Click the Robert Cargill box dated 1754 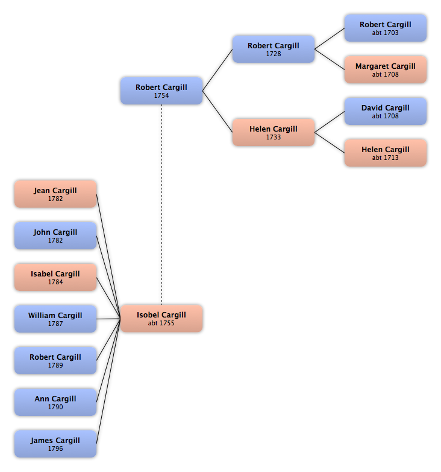tap(161, 91)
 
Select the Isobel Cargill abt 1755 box tap(161, 319)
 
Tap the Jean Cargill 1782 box tap(55, 194)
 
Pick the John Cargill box tap(55, 235)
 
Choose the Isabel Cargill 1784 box tap(55, 277)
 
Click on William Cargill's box tap(55, 319)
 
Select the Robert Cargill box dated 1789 tap(55, 360)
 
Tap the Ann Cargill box tap(55, 402)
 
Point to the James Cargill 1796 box tap(55, 444)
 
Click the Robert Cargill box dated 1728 tap(274, 49)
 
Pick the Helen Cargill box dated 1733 tap(274, 132)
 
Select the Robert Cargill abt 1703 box tap(386, 28)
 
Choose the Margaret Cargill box tap(386, 69)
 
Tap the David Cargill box tap(386, 111)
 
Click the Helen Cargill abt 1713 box tap(386, 153)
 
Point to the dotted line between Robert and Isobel tap(161, 205)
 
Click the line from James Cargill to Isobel tap(108, 381)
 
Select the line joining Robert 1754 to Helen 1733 tap(217, 112)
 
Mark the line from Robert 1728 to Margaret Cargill tap(330, 59)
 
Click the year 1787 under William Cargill tap(55, 324)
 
